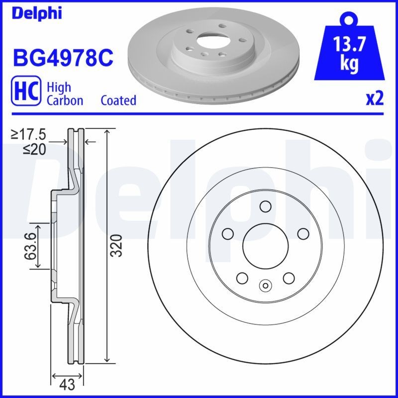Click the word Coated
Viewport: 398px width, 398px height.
point(118,100)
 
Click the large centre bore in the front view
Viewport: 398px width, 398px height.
point(265,245)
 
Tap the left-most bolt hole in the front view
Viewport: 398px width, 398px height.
point(228,233)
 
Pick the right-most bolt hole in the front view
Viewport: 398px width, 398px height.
point(302,233)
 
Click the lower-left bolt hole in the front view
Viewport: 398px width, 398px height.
point(242,278)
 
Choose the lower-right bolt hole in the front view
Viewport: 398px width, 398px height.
point(288,278)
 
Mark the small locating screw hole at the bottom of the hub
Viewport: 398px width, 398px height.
point(265,286)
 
